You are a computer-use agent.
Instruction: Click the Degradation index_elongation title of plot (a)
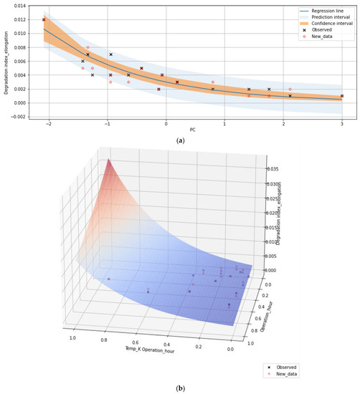coord(6,61)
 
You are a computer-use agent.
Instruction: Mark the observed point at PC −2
coord(44,19)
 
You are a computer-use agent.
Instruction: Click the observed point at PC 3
coord(342,96)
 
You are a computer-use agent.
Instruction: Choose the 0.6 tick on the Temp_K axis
coord(132,343)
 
